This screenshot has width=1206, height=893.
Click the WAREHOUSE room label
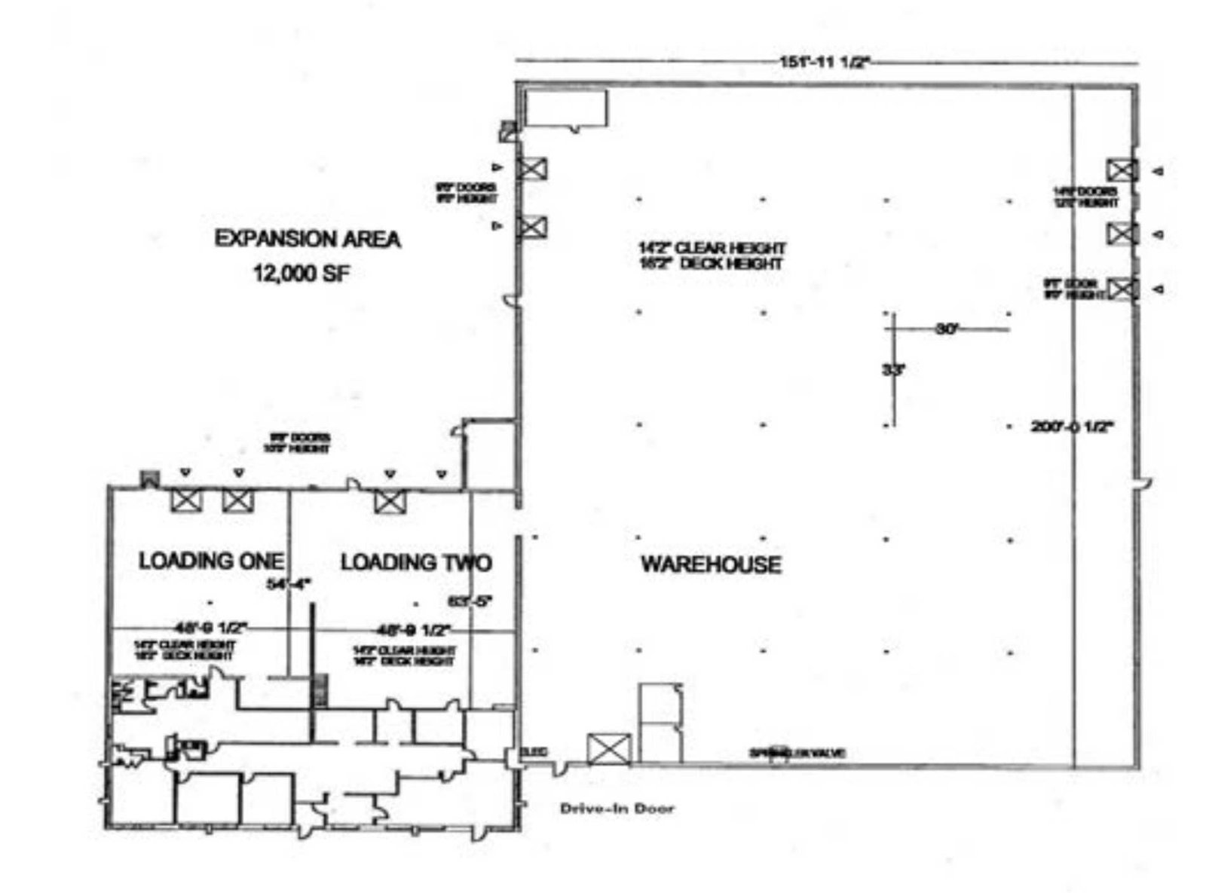coord(710,564)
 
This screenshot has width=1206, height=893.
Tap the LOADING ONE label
coord(211,561)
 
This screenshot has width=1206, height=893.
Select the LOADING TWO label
coord(416,562)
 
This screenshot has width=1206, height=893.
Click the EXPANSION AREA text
coord(308,240)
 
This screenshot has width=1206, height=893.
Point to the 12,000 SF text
coord(301,274)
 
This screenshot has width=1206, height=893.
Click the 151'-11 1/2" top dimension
coord(825,63)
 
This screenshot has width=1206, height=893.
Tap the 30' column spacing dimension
coord(945,329)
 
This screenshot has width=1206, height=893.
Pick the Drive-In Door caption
coord(617,809)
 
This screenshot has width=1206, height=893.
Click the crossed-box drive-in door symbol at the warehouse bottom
coord(608,748)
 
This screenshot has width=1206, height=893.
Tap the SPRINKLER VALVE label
coord(797,753)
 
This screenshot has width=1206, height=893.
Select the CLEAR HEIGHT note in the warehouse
coord(712,248)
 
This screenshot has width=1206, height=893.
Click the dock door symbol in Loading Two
coord(390,501)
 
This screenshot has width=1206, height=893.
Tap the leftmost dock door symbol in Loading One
coord(186,500)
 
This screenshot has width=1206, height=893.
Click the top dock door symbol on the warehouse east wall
coord(1122,170)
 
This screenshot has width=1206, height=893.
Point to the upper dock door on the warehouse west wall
coord(532,169)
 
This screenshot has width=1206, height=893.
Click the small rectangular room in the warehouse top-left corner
coord(566,109)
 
